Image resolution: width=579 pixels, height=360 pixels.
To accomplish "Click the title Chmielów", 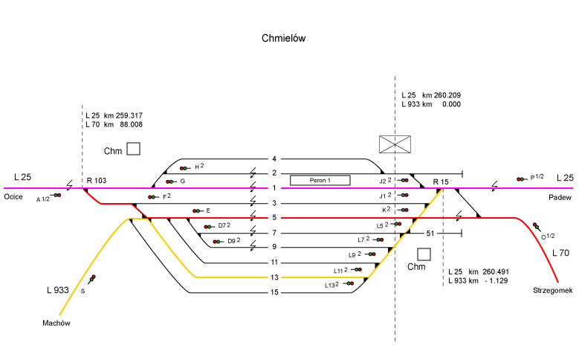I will click(284, 37).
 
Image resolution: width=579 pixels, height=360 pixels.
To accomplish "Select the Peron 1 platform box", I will click(320, 180).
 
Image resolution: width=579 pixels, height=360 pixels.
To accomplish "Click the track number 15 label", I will click(274, 292).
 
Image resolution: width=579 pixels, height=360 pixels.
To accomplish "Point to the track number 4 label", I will click(274, 159).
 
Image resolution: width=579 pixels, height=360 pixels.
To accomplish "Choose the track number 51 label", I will click(430, 234).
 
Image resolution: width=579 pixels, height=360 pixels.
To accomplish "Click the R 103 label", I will click(97, 181).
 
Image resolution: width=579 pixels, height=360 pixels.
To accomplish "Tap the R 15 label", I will click(441, 181).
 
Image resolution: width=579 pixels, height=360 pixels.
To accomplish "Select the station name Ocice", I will click(13, 196).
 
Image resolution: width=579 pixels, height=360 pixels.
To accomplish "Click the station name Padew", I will click(559, 196).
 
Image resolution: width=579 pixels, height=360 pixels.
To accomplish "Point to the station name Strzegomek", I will click(550, 290).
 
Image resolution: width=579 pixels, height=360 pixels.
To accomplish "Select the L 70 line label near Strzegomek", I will click(561, 254).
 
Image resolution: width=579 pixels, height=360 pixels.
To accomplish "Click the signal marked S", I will click(93, 279).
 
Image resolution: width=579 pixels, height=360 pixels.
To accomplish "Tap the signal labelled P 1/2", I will click(520, 179).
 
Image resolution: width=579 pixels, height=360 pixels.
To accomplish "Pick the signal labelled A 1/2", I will click(56, 195).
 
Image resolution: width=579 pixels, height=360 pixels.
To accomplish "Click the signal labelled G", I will click(171, 181).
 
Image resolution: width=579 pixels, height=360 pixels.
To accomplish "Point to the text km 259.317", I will click(124, 115).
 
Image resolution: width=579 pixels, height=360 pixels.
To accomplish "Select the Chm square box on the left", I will click(133, 150).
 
